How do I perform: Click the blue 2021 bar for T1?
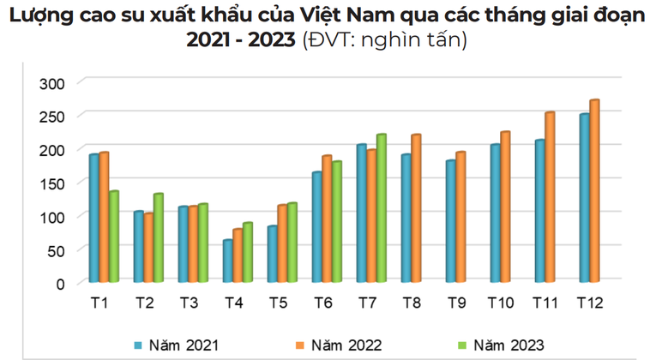click(x=93, y=218)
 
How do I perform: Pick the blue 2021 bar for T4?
click(x=227, y=261)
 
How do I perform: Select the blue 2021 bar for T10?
click(x=495, y=213)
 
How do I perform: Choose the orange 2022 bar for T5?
click(x=281, y=243)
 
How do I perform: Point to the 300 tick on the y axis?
click(x=53, y=82)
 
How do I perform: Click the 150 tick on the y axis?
click(x=53, y=183)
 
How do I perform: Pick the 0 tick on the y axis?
click(x=61, y=283)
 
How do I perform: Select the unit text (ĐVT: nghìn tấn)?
click(x=384, y=41)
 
